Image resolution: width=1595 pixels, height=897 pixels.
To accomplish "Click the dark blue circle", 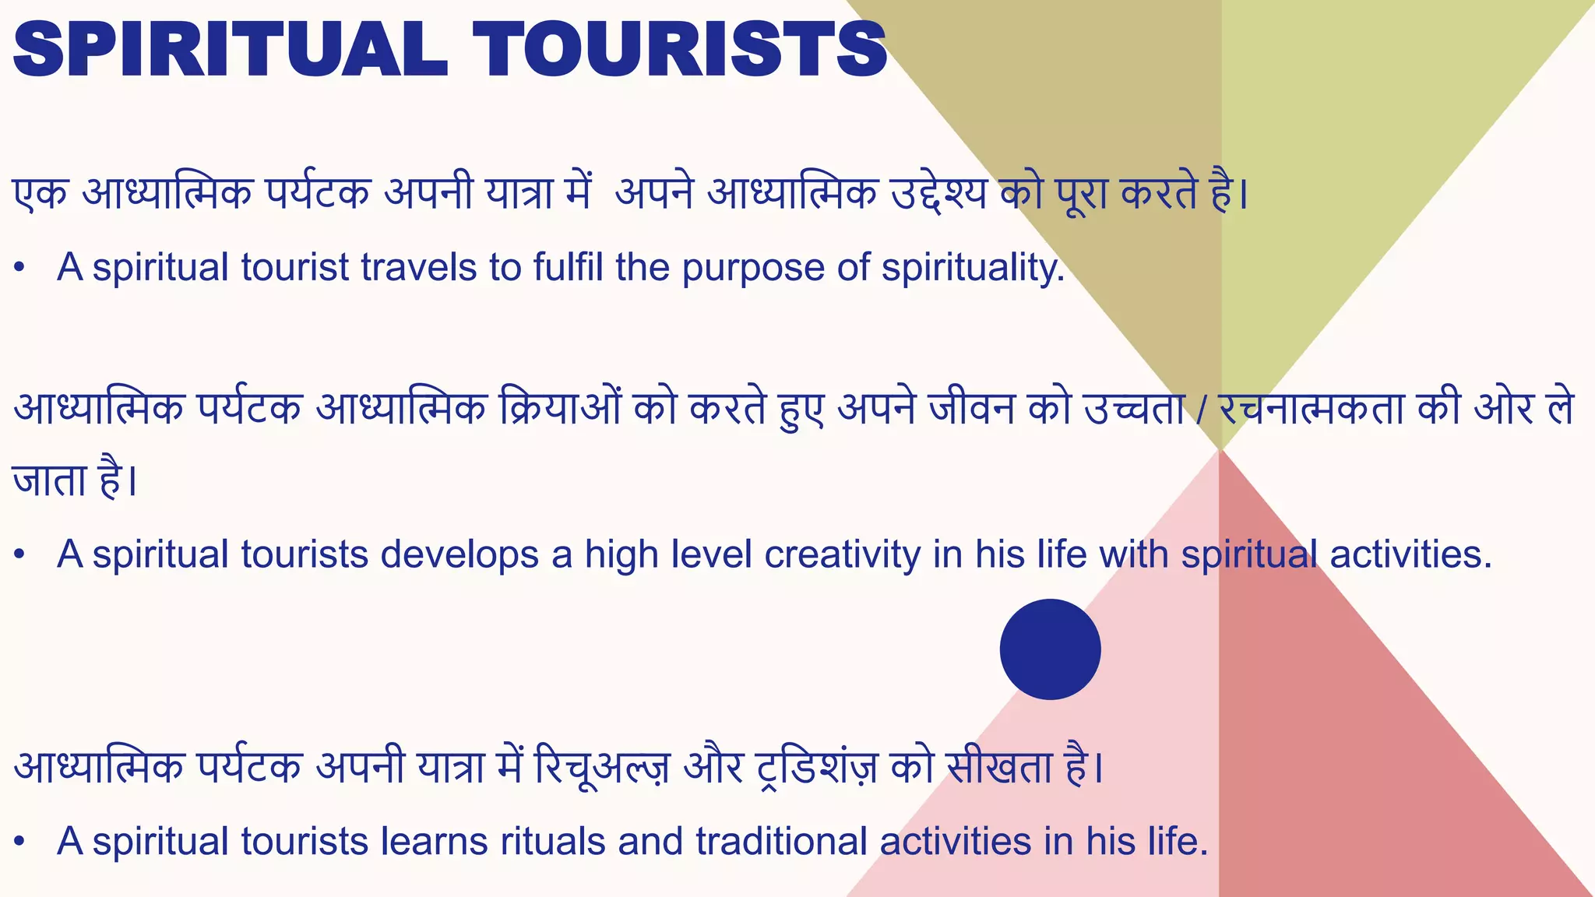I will pos(1050,649).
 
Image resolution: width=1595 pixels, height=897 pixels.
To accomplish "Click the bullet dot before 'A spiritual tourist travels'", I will pos(20,269).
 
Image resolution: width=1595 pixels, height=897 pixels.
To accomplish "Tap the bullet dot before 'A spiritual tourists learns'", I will pos(20,842).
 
